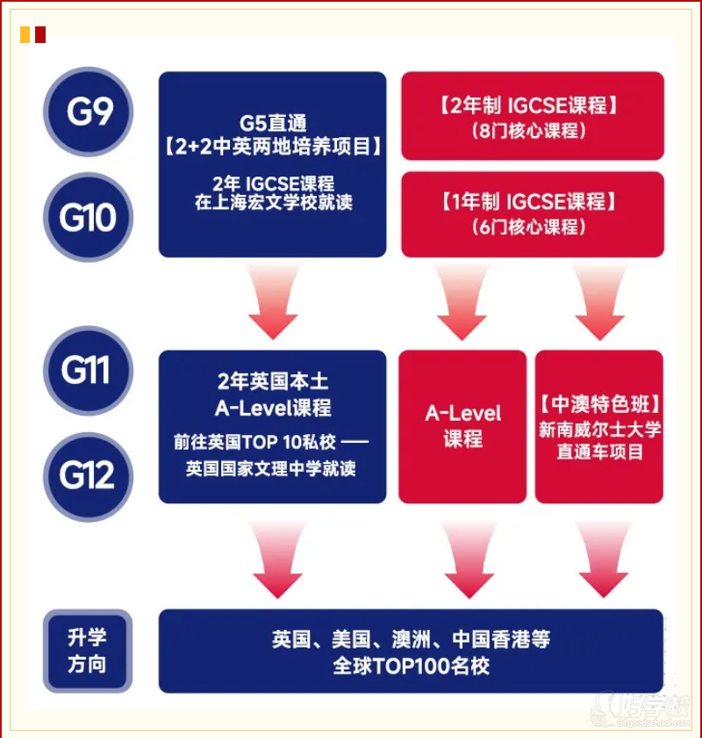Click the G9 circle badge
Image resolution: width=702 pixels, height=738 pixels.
coord(88,112)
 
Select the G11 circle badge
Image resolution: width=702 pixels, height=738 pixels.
coord(88,370)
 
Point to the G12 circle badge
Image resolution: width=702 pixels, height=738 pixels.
coord(88,475)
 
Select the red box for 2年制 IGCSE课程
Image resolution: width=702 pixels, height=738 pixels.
coord(532,117)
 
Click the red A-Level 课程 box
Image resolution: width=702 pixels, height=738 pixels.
coord(462,427)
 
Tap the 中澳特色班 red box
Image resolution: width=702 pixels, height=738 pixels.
coord(599,427)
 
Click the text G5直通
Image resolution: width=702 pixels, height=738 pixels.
coord(272,123)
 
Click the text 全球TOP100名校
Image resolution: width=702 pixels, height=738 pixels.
coord(411,665)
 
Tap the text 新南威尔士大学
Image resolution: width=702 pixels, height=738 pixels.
coord(600,430)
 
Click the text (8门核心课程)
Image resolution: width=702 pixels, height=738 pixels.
coord(532,132)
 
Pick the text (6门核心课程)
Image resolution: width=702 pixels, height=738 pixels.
coord(532,227)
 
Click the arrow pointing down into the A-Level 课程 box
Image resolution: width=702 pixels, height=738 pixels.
coord(462,302)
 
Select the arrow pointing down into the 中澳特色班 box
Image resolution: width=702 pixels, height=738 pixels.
coord(600,302)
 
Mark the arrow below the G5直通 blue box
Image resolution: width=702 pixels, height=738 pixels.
coord(272,302)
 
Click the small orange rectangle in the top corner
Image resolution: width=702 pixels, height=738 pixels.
coord(25,35)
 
